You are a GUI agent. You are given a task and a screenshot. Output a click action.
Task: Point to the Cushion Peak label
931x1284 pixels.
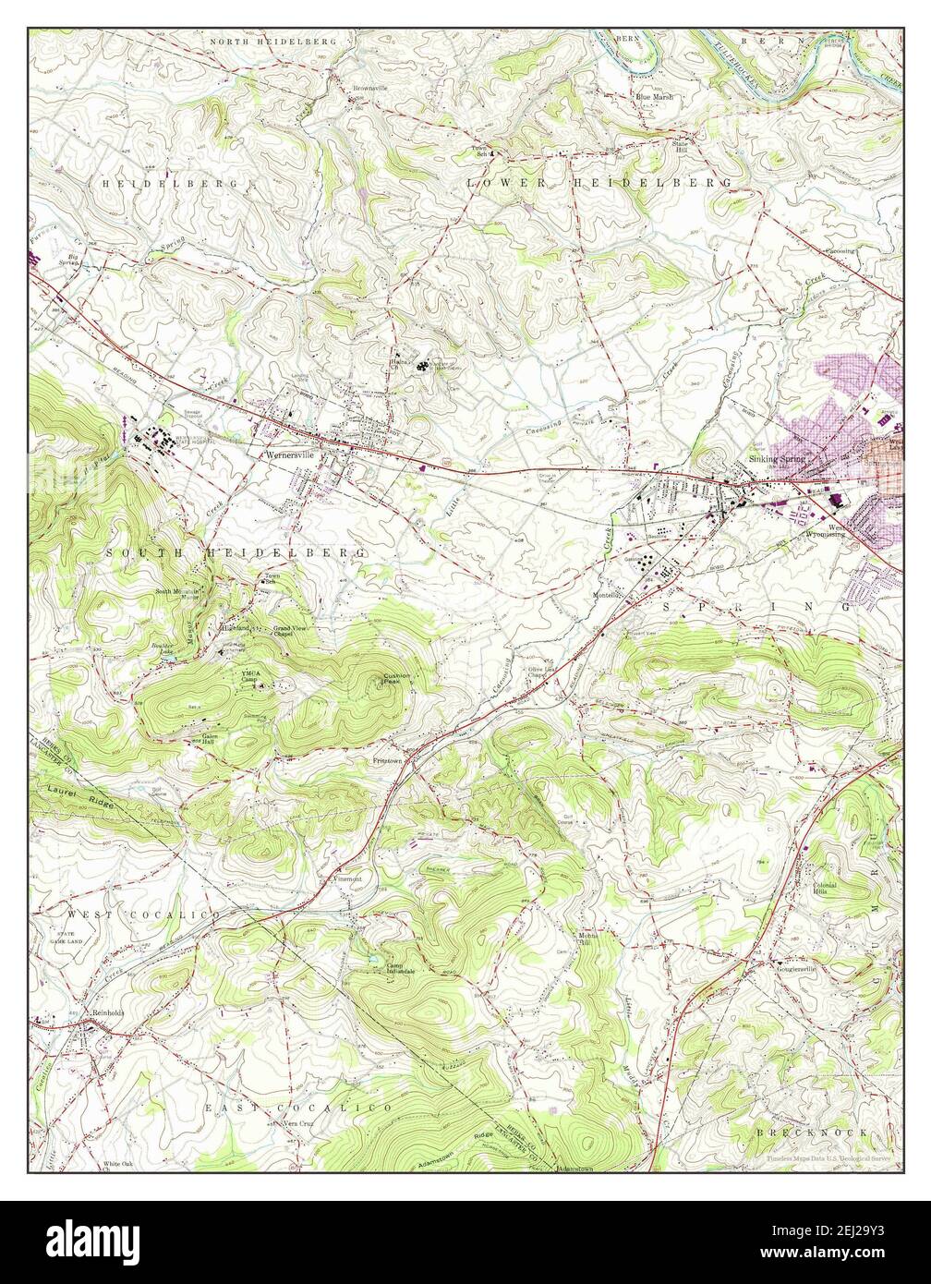click(398, 680)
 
